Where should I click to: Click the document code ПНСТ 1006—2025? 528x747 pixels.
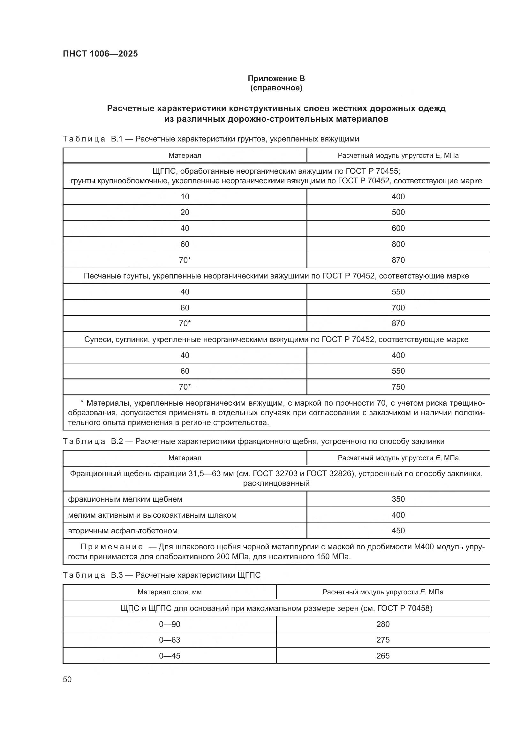pyautogui.click(x=100, y=54)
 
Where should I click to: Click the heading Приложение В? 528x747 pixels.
pyautogui.click(x=276, y=79)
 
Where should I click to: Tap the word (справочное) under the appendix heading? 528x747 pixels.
pyautogui.click(x=276, y=88)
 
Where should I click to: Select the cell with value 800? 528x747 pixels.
pyautogui.click(x=398, y=244)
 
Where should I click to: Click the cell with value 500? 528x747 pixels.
pyautogui.click(x=398, y=212)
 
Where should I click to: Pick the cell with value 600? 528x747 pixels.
pyautogui.click(x=398, y=228)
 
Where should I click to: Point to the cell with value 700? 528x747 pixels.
pyautogui.click(x=398, y=308)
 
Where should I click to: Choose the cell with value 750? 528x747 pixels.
pyautogui.click(x=398, y=387)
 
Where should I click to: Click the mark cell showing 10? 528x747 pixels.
pyautogui.click(x=185, y=196)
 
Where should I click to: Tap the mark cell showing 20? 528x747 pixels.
pyautogui.click(x=185, y=212)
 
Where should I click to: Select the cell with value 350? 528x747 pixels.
pyautogui.click(x=398, y=499)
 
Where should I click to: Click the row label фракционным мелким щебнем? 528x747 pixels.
pyautogui.click(x=125, y=499)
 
